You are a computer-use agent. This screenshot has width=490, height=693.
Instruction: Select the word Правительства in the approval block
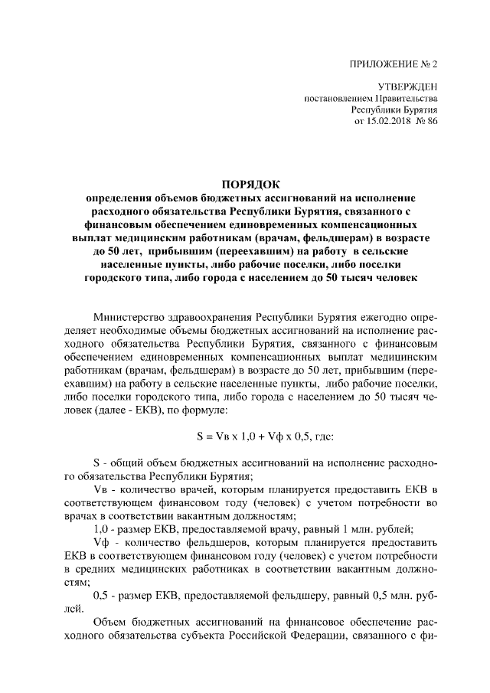(408, 99)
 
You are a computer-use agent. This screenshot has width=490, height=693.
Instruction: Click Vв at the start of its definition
(99, 489)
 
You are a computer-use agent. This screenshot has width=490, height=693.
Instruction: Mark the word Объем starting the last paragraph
(109, 623)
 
